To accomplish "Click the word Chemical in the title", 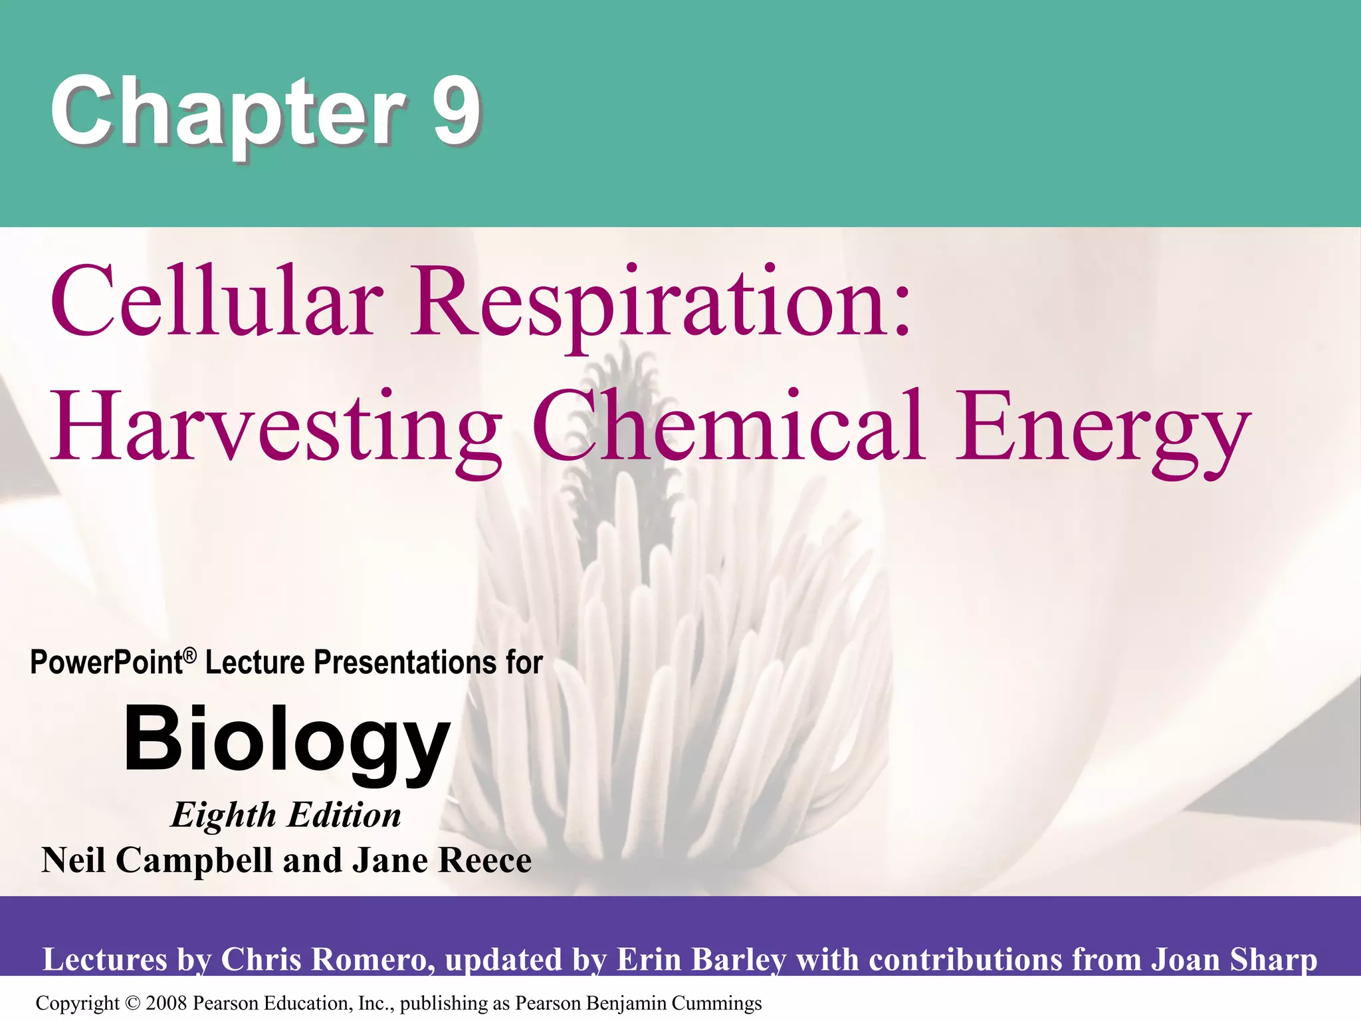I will tap(728, 425).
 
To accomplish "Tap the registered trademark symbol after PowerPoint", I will tap(190, 656).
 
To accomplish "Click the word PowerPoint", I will tap(106, 663).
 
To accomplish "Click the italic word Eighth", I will tap(223, 816).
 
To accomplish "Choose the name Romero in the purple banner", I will tap(373, 959).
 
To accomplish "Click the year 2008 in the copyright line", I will tap(167, 1003).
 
